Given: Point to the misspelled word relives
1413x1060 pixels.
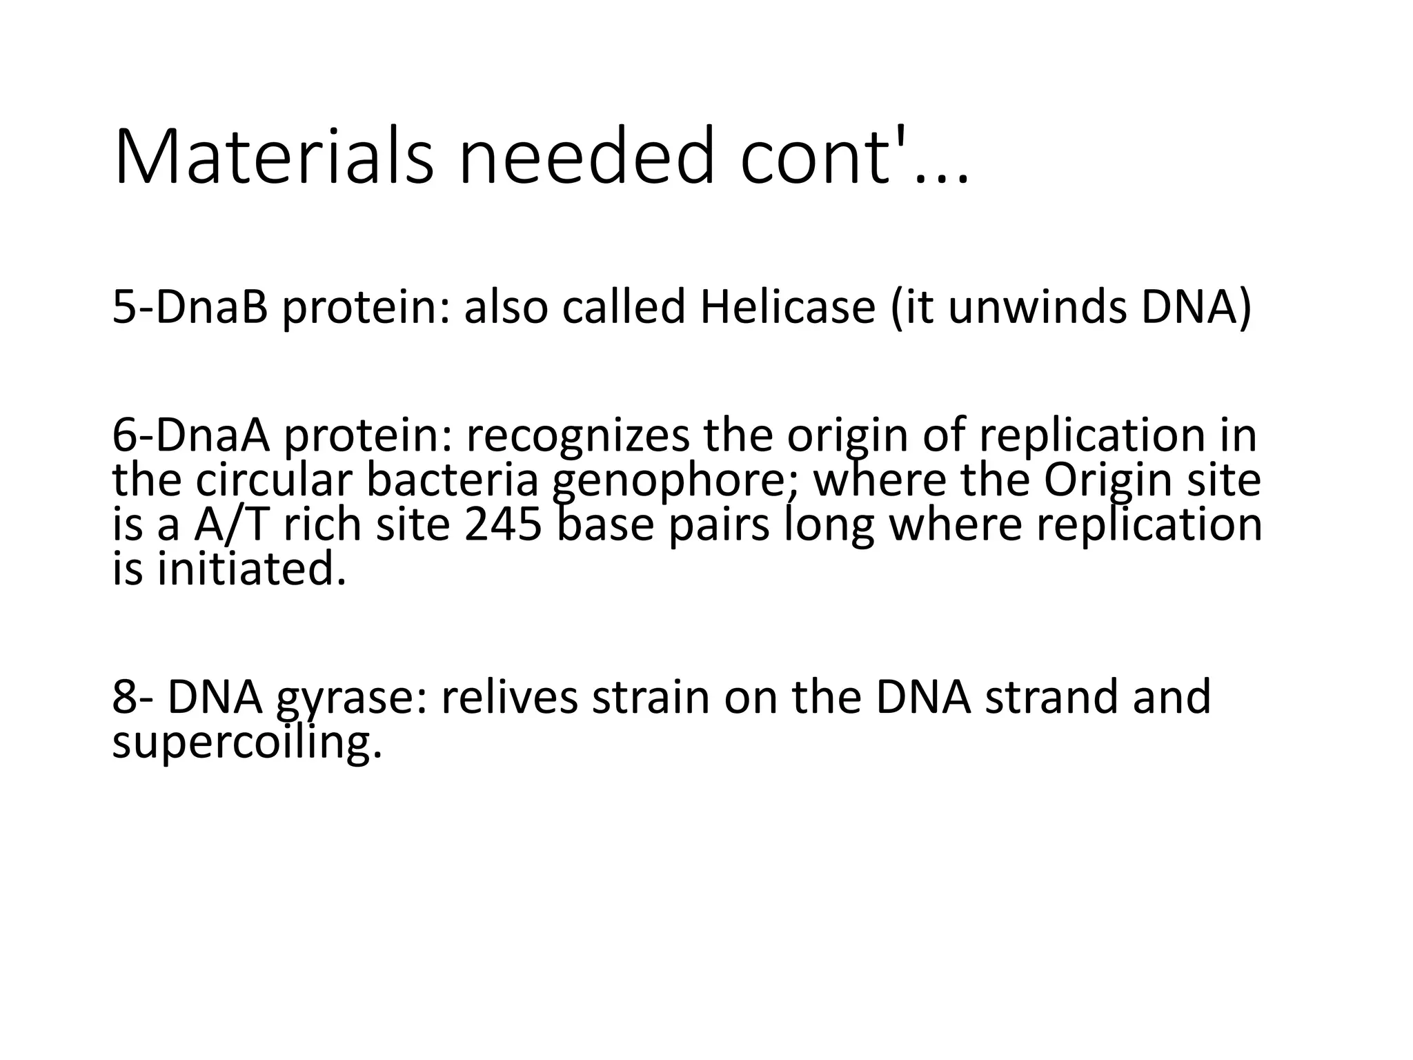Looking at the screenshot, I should [510, 697].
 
